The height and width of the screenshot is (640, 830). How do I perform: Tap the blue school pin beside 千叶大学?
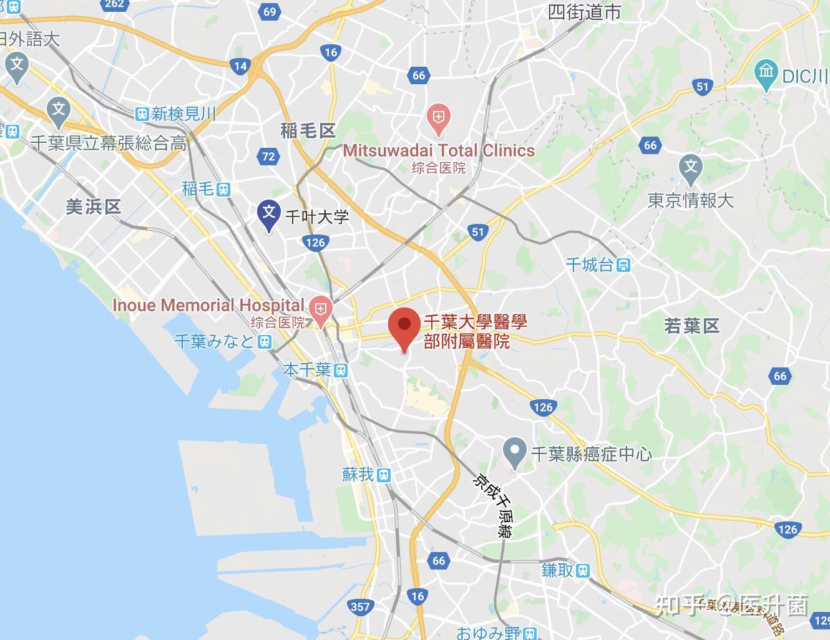tap(269, 214)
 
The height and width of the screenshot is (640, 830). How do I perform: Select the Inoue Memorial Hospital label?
tap(208, 305)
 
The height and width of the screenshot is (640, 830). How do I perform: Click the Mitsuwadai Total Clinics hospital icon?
tap(439, 118)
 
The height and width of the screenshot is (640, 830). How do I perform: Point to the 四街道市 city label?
tap(584, 12)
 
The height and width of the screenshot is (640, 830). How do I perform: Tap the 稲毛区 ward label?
tap(308, 130)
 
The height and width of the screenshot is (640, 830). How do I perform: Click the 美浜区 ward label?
tap(93, 206)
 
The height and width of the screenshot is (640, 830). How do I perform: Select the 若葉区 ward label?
tap(691, 326)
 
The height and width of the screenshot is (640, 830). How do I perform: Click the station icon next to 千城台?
tap(623, 265)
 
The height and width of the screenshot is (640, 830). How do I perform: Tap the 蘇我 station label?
tap(358, 475)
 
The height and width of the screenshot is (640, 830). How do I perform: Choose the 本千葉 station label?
tap(307, 370)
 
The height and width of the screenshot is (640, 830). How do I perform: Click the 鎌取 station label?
tap(557, 570)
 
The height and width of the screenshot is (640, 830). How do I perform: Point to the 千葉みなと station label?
tap(215, 341)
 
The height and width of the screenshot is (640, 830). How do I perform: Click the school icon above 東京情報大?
tap(690, 168)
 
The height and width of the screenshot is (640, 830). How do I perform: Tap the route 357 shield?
tap(360, 606)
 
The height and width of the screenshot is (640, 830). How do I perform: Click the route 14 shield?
tap(240, 65)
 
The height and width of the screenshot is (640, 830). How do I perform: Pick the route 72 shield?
tap(268, 157)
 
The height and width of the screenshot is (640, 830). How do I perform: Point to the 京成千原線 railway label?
tap(494, 506)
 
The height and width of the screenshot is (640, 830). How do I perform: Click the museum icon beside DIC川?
tap(766, 72)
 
